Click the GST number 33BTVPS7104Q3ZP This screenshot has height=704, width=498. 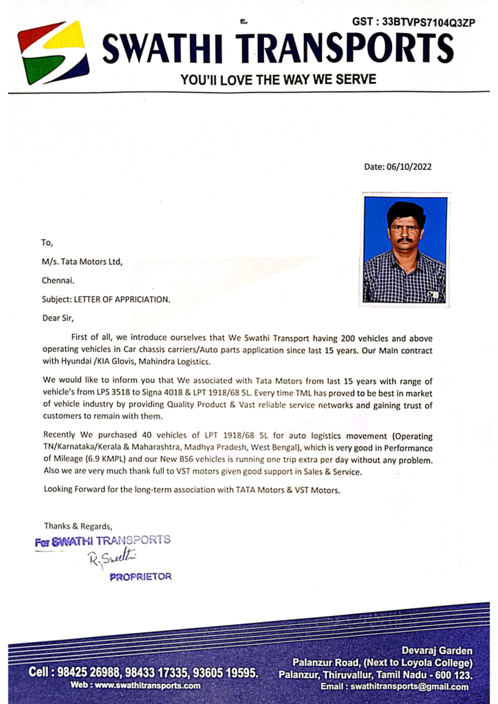(x=413, y=22)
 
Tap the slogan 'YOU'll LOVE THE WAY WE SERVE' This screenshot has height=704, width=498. (x=278, y=80)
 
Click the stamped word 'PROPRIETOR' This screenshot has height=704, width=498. (x=140, y=577)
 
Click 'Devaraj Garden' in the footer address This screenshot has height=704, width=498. (x=437, y=650)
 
